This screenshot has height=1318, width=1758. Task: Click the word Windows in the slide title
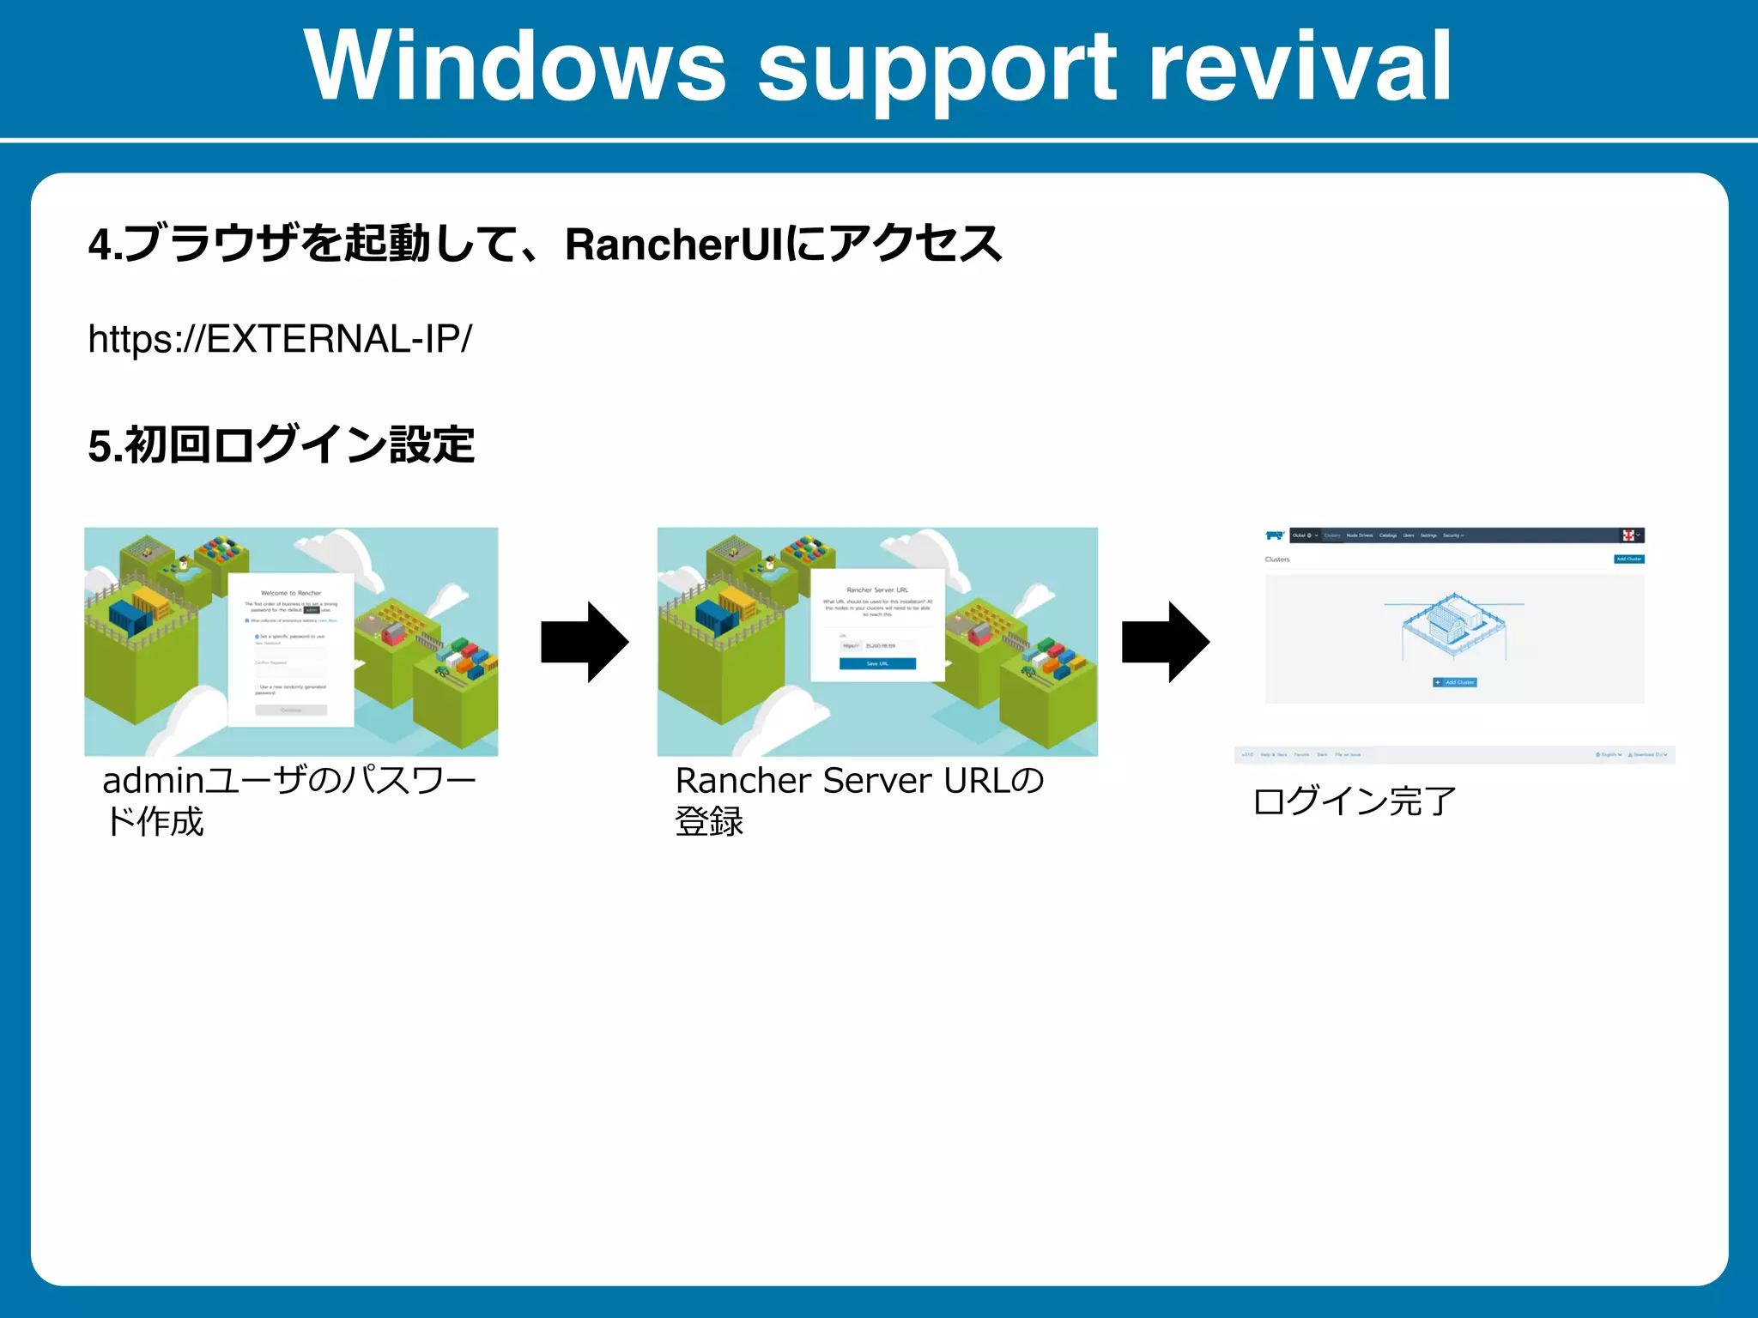[515, 67]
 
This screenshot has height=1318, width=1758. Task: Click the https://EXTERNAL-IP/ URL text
[280, 339]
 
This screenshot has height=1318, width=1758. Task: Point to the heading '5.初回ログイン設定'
[282, 445]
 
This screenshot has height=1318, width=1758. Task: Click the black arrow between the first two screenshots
[585, 642]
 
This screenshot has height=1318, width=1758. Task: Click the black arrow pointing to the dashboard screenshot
[1166, 642]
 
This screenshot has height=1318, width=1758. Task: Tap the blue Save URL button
[877, 663]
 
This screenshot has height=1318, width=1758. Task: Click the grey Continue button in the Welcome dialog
[291, 710]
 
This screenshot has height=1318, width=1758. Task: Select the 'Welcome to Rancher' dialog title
[291, 593]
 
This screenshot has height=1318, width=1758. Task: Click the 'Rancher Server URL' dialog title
[877, 589]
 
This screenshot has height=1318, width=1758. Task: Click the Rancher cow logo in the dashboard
[1275, 535]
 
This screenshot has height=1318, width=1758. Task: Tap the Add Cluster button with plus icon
[1455, 682]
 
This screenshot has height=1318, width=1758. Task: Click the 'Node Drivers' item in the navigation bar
[1360, 535]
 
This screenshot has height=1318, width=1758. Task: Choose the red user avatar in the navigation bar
[1628, 535]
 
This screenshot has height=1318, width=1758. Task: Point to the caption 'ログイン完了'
[1355, 801]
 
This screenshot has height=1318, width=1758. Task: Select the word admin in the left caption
[153, 781]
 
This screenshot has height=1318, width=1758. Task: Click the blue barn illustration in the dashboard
[1454, 626]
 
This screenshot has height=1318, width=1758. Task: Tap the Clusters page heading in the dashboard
[1277, 559]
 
